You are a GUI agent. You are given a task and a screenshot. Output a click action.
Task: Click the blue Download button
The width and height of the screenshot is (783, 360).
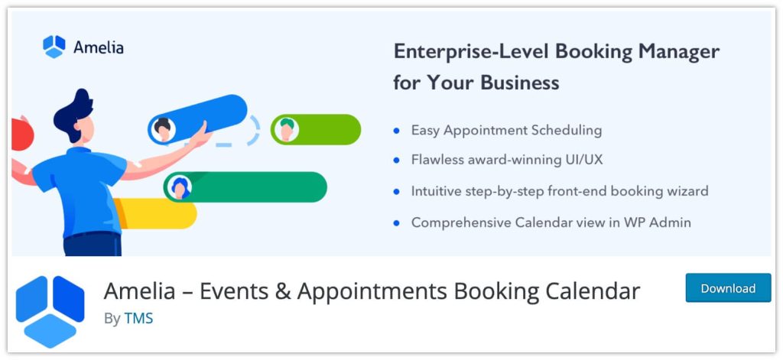click(727, 288)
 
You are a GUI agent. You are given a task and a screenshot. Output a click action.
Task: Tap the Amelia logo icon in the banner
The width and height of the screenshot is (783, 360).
click(54, 47)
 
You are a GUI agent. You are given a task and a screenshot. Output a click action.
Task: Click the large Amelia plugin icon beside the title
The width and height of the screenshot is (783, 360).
click(50, 310)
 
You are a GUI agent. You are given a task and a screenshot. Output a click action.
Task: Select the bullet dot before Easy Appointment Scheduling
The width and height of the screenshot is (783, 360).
click(396, 131)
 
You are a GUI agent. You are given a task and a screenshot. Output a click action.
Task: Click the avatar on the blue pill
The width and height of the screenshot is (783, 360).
click(162, 128)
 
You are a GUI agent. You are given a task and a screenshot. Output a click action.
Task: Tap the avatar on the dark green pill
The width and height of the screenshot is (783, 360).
click(180, 187)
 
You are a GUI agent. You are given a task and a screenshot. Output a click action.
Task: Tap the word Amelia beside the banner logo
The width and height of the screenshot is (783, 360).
click(99, 47)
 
